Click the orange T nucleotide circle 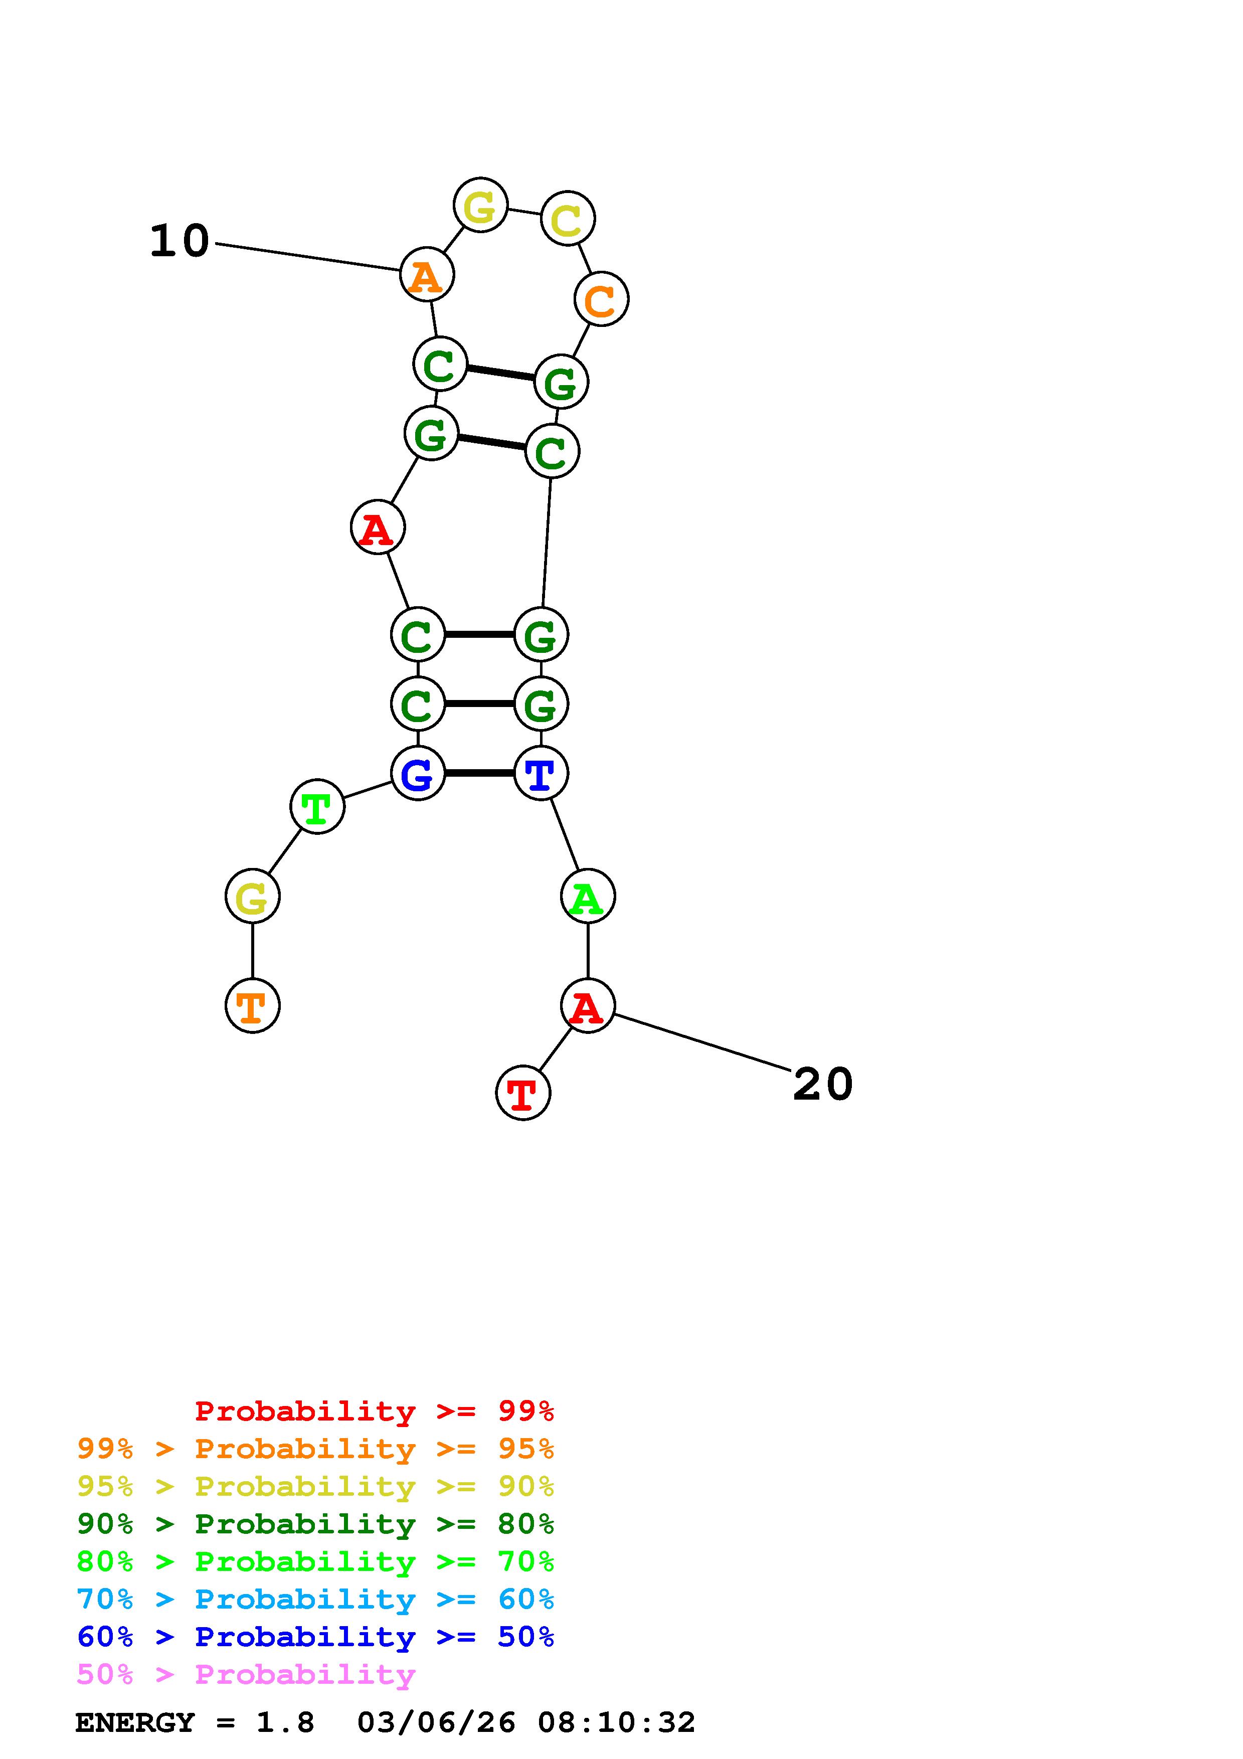point(252,1005)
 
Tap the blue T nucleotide point(541,773)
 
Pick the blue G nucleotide point(417,773)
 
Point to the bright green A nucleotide point(588,897)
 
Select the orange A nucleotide point(427,274)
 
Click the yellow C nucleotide point(568,219)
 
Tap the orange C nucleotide point(601,299)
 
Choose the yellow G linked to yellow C point(480,205)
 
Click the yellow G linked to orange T point(252,897)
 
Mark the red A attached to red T point(588,1005)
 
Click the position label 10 point(179,241)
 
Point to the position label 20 point(822,1084)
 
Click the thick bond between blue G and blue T point(479,773)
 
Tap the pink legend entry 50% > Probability point(246,1675)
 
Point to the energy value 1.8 point(285,1723)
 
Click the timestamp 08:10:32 point(617,1723)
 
